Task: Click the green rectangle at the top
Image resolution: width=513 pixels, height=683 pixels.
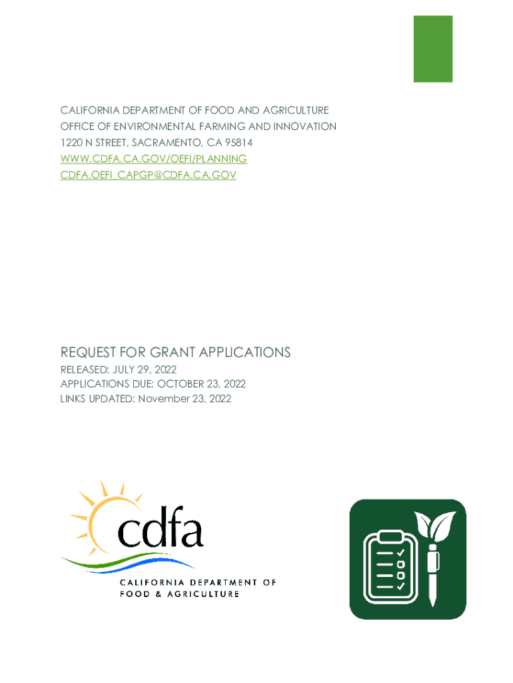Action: coord(433,49)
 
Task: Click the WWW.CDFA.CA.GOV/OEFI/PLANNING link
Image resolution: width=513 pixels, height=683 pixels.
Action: coord(153,159)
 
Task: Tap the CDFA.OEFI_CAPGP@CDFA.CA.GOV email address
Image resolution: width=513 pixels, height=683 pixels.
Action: coord(148,175)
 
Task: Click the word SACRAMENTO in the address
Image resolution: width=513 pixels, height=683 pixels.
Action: coord(163,143)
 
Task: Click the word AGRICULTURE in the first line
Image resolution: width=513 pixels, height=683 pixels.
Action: coord(296,110)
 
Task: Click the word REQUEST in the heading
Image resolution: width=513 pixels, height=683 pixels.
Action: coord(87,352)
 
